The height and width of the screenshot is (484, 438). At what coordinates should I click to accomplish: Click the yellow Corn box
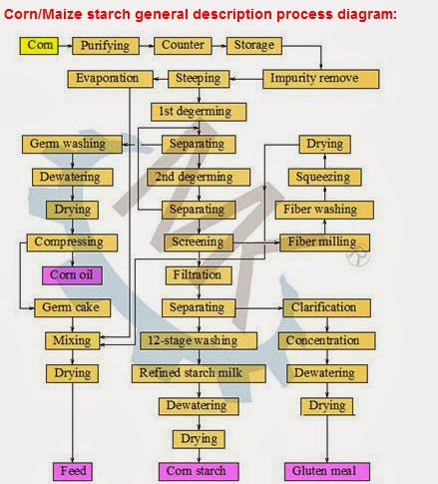tap(39, 45)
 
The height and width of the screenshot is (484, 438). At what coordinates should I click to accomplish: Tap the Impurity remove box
tap(321, 78)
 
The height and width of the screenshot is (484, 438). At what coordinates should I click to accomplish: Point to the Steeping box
tap(199, 78)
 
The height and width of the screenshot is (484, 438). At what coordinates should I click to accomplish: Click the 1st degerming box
tap(199, 111)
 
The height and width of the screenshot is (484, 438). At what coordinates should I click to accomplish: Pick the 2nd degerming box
tap(199, 177)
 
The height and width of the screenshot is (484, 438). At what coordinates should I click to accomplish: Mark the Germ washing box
tap(71, 145)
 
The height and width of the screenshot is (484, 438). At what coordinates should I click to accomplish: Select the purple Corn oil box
tap(71, 274)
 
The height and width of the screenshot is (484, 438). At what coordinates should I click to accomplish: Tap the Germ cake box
tap(71, 307)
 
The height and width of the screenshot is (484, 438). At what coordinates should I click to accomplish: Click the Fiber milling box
tap(324, 242)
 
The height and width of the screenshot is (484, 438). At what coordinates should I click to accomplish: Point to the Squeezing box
tap(324, 177)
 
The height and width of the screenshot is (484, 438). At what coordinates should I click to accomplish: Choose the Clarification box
tap(324, 307)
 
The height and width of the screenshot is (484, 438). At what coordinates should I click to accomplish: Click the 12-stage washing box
tap(199, 340)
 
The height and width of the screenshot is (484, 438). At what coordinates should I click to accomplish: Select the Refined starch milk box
tap(199, 373)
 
